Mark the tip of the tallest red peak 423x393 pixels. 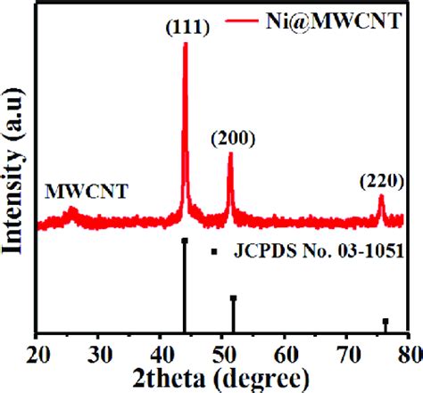[186, 45]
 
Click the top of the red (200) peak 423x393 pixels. [230, 154]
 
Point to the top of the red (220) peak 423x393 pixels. [381, 197]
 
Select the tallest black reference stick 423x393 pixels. [185, 285]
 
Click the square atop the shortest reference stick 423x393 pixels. [386, 321]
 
